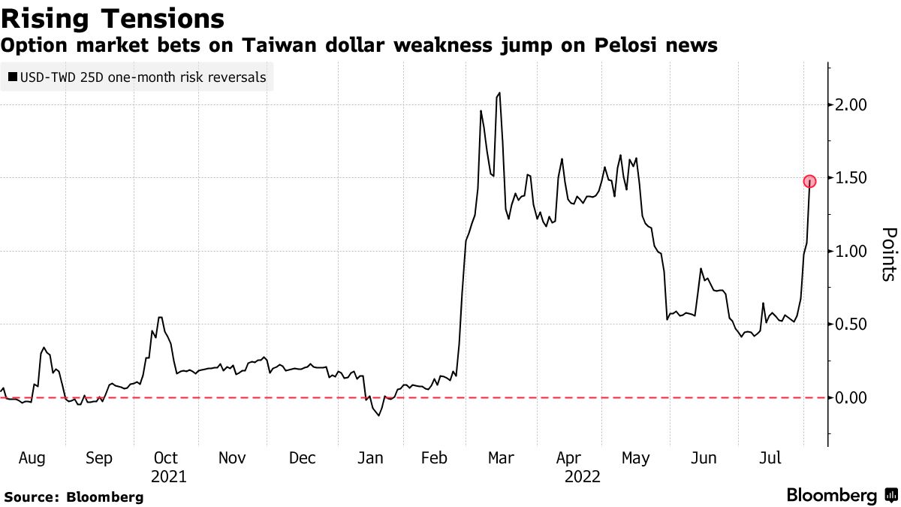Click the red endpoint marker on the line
click(809, 181)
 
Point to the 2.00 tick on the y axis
click(852, 105)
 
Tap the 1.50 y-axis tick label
click(852, 178)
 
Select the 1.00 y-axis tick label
click(852, 252)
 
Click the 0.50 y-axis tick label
click(852, 324)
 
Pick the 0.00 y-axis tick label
click(852, 398)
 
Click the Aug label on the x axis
click(32, 458)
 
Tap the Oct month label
click(166, 458)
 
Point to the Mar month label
click(501, 458)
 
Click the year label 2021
click(169, 476)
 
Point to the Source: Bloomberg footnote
click(74, 496)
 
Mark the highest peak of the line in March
click(499, 93)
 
